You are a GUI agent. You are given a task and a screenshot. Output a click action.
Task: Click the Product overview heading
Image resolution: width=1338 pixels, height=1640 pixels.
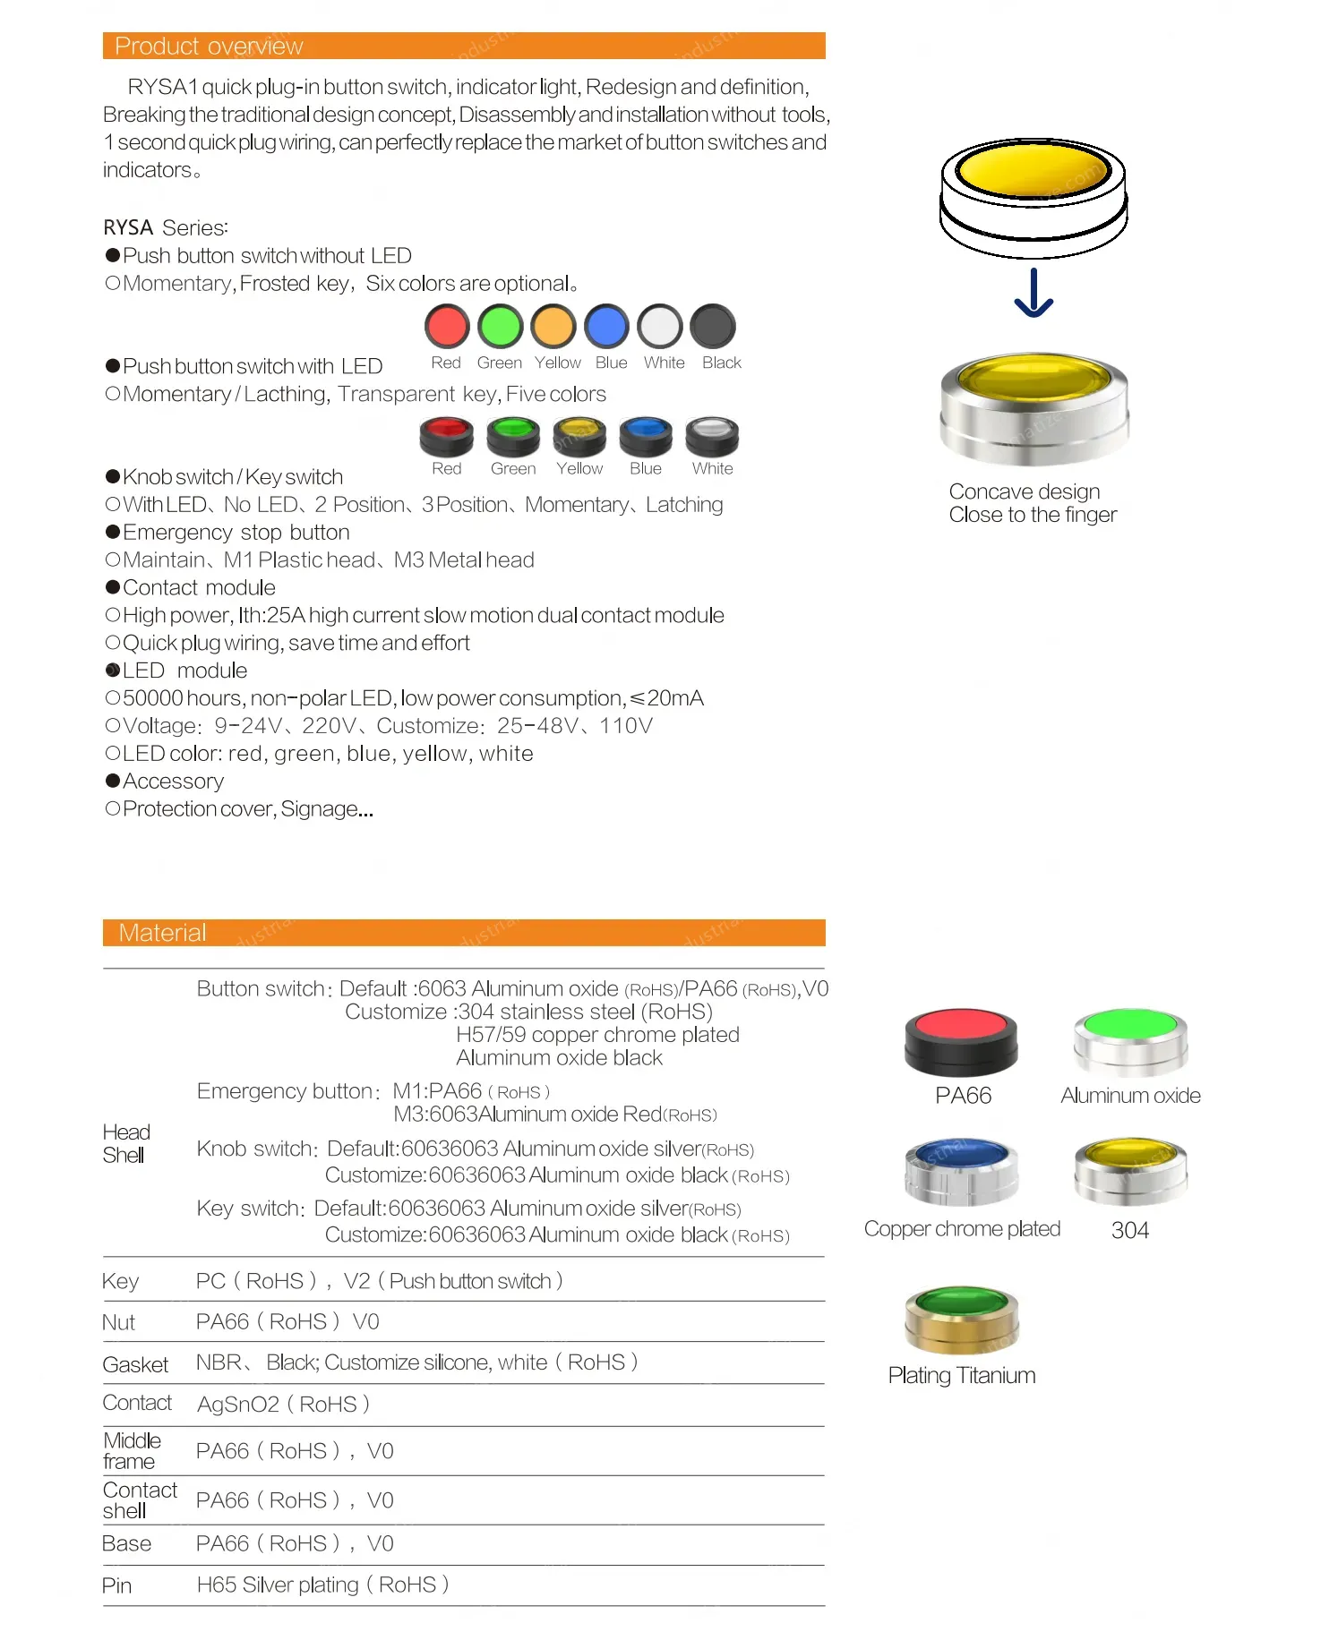click(209, 46)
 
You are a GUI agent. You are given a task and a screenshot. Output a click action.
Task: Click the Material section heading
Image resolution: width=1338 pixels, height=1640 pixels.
click(162, 933)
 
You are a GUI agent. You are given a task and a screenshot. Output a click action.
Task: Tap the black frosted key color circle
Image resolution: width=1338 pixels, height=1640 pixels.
click(713, 326)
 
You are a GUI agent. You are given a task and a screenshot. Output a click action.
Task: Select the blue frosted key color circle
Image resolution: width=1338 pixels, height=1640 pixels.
click(606, 326)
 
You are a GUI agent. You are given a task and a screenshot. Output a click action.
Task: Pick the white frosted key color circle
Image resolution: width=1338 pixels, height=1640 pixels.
click(660, 326)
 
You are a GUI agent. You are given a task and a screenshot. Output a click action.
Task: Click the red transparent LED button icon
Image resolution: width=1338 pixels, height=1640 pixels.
click(446, 436)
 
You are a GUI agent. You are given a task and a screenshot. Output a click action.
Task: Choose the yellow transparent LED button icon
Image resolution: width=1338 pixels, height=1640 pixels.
click(579, 436)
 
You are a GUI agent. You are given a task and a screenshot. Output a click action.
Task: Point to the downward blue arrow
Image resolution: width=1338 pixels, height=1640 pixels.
click(1034, 293)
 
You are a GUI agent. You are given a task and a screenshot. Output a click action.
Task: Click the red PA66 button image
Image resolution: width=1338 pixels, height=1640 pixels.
click(961, 1041)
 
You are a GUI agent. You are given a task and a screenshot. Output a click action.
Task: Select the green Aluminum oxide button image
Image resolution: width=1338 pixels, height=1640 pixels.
click(1130, 1040)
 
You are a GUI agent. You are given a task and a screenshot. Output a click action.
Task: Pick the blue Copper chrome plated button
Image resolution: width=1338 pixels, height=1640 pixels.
click(961, 1171)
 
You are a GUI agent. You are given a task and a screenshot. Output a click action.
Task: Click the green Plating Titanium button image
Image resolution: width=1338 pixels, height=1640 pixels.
click(962, 1319)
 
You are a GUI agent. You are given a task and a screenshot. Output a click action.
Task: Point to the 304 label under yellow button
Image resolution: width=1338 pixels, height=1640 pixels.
click(1129, 1230)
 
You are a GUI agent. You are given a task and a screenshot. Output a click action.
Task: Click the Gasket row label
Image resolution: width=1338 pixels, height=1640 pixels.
click(135, 1364)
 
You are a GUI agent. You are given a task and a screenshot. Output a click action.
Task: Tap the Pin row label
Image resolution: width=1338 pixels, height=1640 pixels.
click(116, 1586)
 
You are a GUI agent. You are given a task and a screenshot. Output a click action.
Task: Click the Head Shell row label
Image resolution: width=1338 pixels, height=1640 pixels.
click(125, 1143)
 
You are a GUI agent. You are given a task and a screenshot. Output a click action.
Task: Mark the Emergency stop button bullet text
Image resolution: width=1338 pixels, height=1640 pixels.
click(236, 533)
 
